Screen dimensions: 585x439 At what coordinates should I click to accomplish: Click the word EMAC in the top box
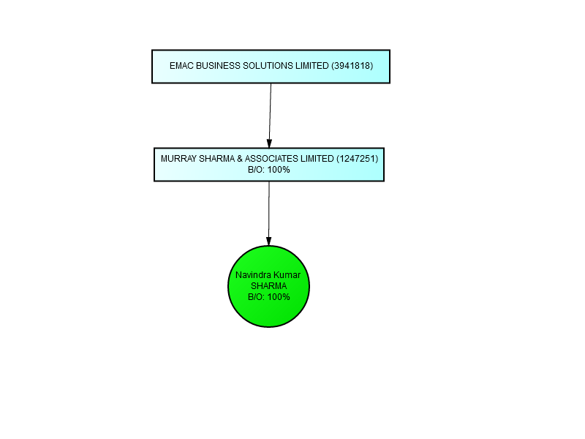(x=181, y=66)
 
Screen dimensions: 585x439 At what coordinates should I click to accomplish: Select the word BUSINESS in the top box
(x=218, y=66)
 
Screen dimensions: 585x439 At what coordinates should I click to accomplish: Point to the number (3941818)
(x=352, y=66)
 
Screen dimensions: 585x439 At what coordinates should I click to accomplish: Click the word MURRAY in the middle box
(x=178, y=159)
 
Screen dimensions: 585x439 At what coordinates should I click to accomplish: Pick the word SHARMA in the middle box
(x=216, y=159)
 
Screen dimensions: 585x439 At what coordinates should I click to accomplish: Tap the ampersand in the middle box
(x=240, y=159)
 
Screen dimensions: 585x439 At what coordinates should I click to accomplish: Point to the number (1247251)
(x=358, y=159)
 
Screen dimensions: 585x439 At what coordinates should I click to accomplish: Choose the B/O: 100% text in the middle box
(x=269, y=170)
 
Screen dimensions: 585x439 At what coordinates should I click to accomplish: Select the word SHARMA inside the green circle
(x=268, y=286)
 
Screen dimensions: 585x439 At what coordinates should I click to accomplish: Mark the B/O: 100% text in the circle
(x=269, y=297)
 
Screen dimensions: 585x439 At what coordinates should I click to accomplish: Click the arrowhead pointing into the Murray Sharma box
(x=269, y=143)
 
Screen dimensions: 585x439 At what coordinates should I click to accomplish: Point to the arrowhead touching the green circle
(x=268, y=241)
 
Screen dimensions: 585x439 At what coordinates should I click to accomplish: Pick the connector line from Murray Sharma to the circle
(x=269, y=214)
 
